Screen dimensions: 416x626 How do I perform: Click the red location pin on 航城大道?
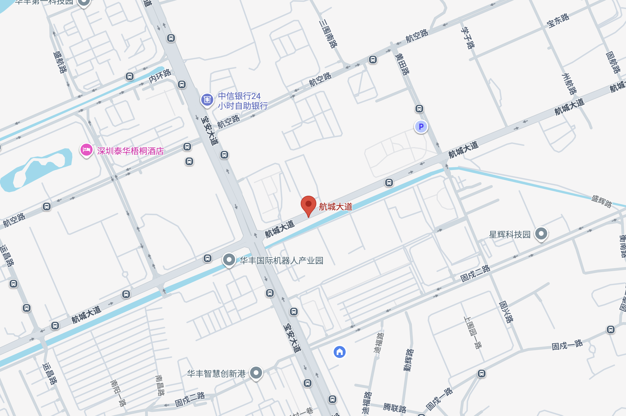(x=308, y=205)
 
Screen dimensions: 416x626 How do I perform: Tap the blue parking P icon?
(x=421, y=127)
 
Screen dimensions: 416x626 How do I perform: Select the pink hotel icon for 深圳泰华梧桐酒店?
(x=86, y=150)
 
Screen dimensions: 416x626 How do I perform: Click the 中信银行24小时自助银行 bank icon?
(x=207, y=99)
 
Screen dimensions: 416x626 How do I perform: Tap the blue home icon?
(x=339, y=352)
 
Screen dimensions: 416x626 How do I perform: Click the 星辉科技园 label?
(x=509, y=234)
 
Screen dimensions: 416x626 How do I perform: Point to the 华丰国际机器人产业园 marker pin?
(x=229, y=260)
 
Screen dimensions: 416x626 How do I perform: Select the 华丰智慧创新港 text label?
(x=216, y=374)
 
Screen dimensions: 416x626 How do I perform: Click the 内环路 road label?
(x=160, y=76)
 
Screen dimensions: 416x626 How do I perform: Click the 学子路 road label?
(x=468, y=38)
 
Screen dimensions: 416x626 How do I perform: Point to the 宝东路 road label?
(x=558, y=21)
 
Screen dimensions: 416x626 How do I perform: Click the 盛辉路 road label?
(x=601, y=201)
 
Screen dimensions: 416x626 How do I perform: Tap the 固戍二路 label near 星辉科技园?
(x=475, y=274)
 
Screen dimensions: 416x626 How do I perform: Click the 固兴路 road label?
(x=506, y=312)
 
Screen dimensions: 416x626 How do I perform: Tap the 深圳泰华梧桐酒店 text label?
(x=130, y=151)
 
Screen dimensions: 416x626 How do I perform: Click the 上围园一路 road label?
(x=472, y=333)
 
